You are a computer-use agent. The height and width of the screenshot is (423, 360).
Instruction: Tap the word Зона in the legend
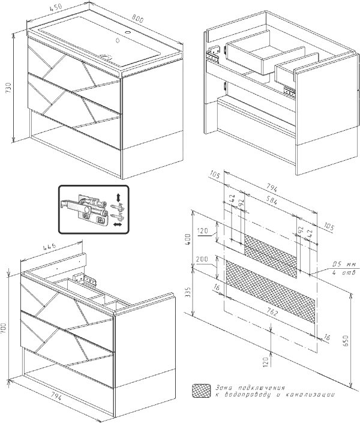pos(224,388)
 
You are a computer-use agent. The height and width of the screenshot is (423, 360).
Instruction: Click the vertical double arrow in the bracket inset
pos(119,196)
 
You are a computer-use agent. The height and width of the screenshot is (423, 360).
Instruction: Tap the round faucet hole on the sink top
pos(127,32)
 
